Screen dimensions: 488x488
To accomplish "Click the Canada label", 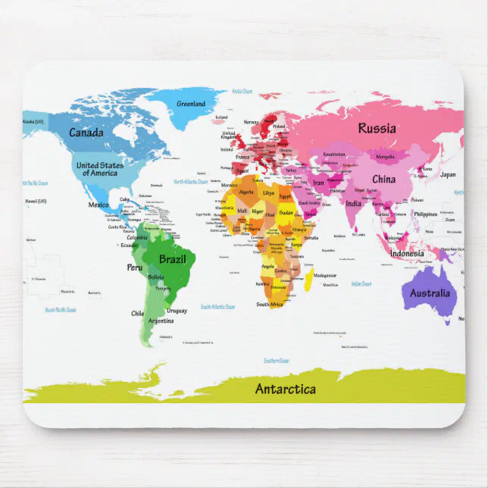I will [x=86, y=133].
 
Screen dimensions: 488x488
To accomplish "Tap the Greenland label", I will [x=191, y=104].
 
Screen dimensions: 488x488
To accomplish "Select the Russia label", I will [x=377, y=128].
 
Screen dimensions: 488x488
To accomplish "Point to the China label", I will [x=383, y=180].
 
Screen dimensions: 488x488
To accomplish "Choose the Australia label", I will [x=430, y=293].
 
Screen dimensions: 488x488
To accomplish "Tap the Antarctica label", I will [x=285, y=389].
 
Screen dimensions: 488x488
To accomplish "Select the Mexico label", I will [x=99, y=205].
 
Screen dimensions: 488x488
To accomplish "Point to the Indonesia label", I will [x=407, y=253].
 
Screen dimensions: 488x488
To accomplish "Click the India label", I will [x=354, y=203].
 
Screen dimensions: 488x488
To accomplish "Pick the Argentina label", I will [x=161, y=321].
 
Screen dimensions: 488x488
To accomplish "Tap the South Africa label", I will [x=269, y=305].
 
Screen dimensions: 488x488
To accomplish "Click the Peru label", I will [x=134, y=267].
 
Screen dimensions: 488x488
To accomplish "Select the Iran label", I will [x=318, y=183].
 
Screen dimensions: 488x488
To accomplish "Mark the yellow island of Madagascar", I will [x=309, y=280].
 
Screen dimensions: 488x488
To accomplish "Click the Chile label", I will [x=137, y=313].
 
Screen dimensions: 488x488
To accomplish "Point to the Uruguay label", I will [x=177, y=311].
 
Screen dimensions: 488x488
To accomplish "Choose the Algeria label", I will [x=247, y=192].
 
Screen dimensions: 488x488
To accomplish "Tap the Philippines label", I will [x=426, y=214].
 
